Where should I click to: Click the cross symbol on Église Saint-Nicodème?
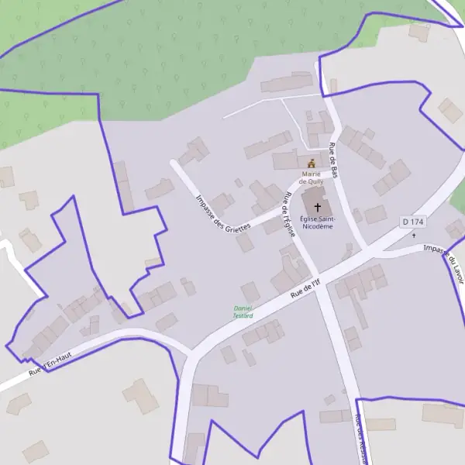[317, 208]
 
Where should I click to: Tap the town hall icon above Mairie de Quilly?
[312, 164]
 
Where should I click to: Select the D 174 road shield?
[414, 222]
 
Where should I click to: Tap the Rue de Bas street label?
[334, 160]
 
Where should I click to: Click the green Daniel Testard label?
[243, 312]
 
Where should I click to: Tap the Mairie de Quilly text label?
[311, 178]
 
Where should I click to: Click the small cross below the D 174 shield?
[414, 235]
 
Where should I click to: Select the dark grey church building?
[315, 208]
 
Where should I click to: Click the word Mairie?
[311, 174]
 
